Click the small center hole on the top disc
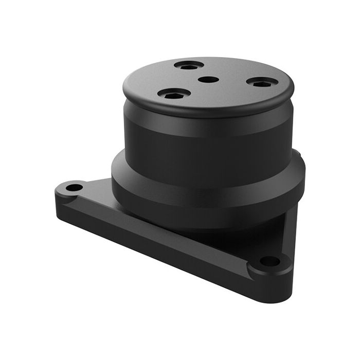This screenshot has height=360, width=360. tap(208, 80)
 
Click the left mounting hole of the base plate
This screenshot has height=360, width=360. tap(74, 187)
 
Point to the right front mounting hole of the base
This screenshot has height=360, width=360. tap(269, 261)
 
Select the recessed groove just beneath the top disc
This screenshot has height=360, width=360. tap(206, 121)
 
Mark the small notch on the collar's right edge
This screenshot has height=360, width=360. tap(297, 153)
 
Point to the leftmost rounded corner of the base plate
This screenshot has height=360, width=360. tap(57, 194)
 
